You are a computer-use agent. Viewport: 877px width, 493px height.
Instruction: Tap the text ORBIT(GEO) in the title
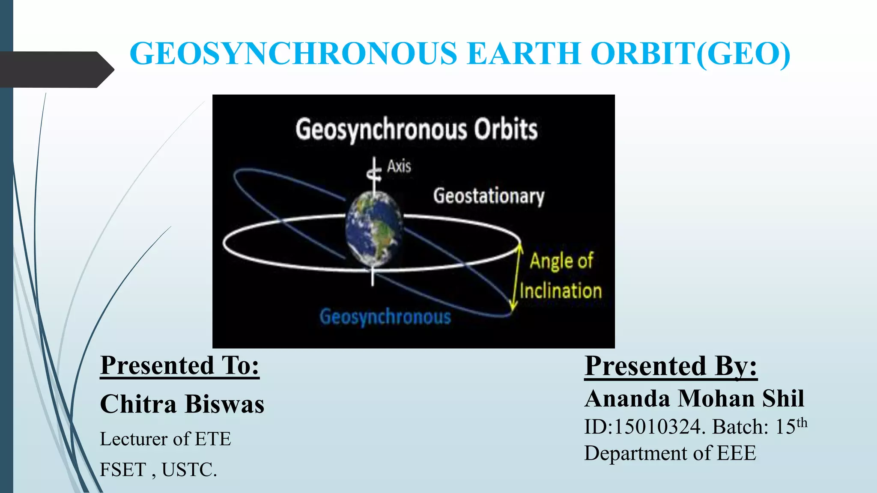[690, 54]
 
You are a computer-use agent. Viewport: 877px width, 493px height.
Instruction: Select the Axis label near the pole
[399, 166]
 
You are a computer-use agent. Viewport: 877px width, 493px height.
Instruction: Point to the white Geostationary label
[489, 196]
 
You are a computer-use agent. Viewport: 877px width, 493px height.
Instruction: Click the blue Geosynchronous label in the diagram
[385, 317]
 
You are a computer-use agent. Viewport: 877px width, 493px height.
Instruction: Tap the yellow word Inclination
[561, 291]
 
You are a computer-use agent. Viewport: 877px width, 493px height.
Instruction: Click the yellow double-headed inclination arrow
[516, 276]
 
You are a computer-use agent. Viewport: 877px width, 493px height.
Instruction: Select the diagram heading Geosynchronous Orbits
[416, 130]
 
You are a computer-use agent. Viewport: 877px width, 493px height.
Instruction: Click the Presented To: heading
[180, 366]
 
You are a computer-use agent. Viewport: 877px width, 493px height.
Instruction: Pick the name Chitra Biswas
[182, 404]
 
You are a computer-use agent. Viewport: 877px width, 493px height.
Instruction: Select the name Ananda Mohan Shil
[694, 398]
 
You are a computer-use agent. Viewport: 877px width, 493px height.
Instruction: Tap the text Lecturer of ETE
[165, 439]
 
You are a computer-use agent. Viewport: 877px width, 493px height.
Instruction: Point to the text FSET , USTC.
[158, 470]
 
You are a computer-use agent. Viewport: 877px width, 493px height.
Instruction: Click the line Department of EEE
[670, 453]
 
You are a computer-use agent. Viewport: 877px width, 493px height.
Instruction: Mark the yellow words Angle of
[561, 261]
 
